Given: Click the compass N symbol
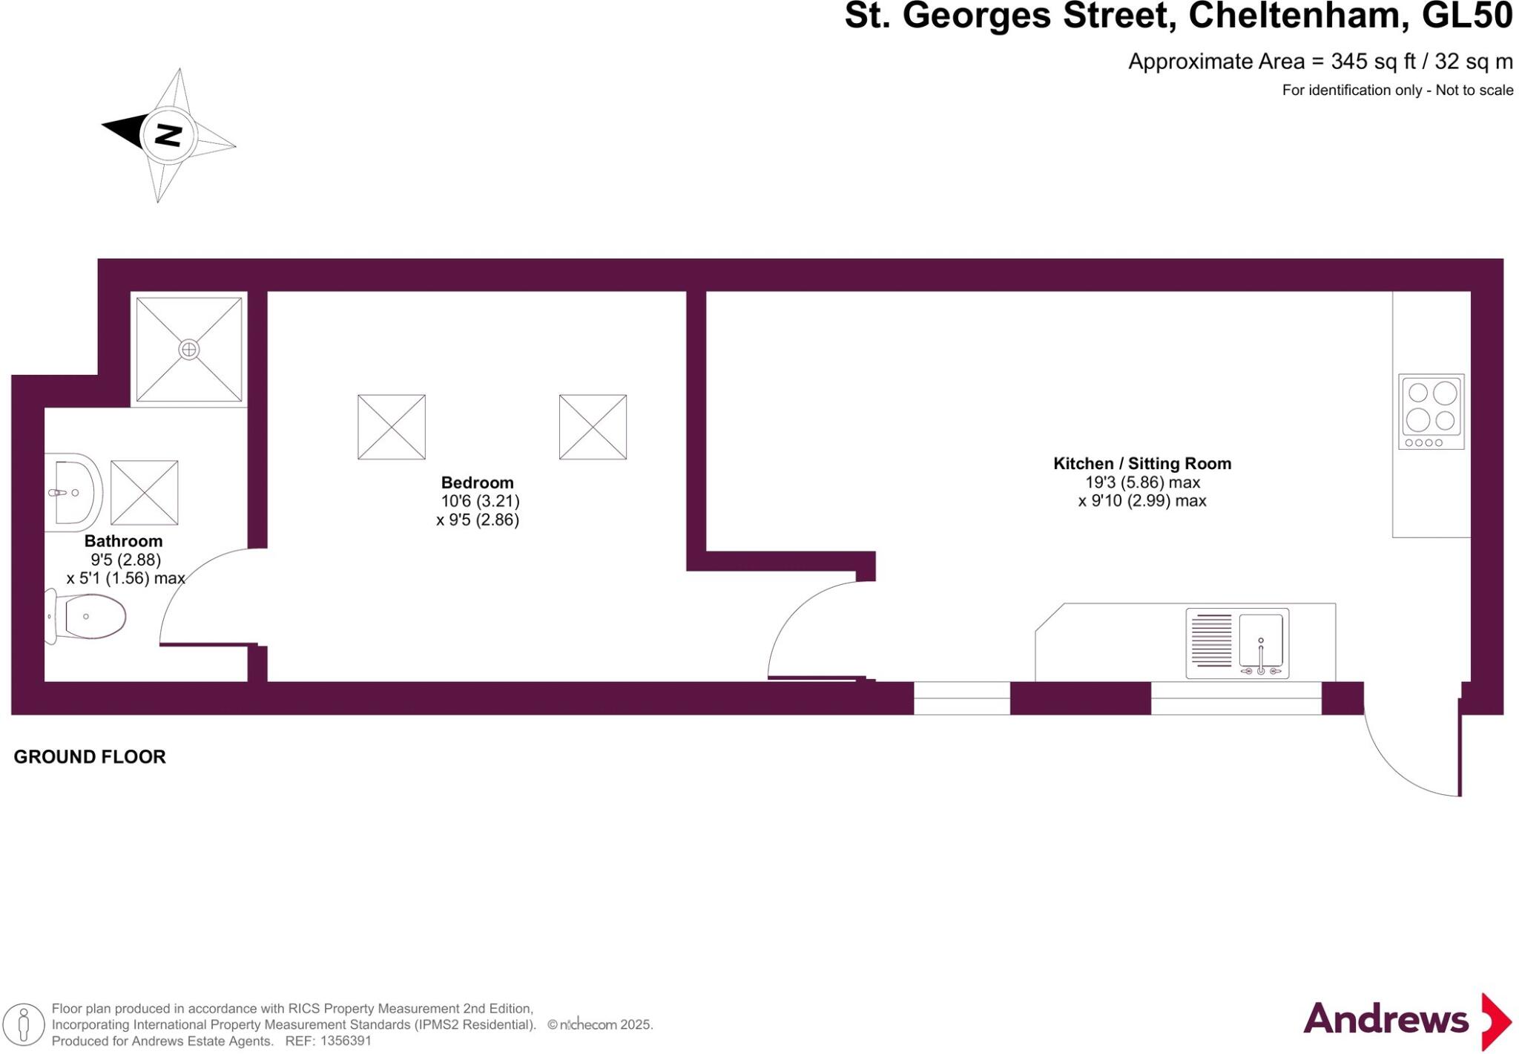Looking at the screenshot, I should pyautogui.click(x=169, y=135).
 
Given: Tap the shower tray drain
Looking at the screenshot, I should pyautogui.click(x=189, y=349).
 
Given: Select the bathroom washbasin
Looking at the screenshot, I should pyautogui.click(x=75, y=491).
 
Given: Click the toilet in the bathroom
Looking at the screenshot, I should pyautogui.click(x=88, y=616).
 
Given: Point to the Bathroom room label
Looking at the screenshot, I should pyautogui.click(x=123, y=541).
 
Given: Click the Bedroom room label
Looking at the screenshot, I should pyautogui.click(x=477, y=482).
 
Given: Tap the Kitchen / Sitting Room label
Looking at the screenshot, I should pyautogui.click(x=1142, y=464).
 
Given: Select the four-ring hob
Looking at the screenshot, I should pyautogui.click(x=1431, y=411).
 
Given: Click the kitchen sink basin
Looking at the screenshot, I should pyautogui.click(x=1261, y=640).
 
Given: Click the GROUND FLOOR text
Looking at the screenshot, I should pyautogui.click(x=90, y=757).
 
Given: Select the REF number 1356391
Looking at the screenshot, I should pyautogui.click(x=345, y=1041).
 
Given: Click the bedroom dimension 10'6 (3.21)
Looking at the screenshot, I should pyautogui.click(x=480, y=501).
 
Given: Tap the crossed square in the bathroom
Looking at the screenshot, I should pyautogui.click(x=144, y=493).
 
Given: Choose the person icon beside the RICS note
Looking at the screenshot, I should pyautogui.click(x=24, y=1024).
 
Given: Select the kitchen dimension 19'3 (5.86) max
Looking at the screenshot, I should pyautogui.click(x=1142, y=482).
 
